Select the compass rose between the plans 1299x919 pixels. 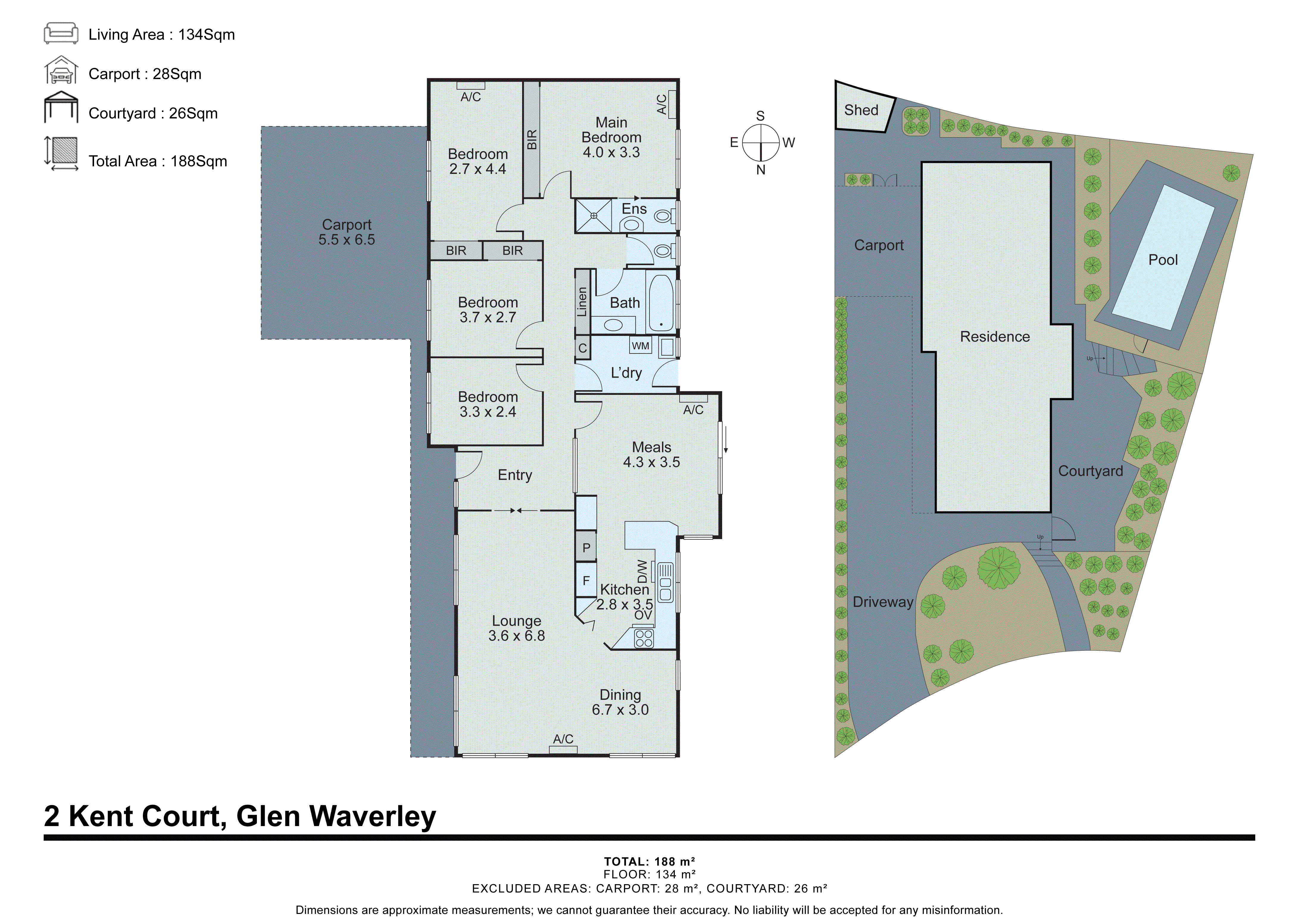(761, 143)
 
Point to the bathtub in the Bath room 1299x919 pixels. (661, 303)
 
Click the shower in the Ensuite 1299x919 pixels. (594, 216)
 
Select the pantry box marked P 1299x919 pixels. (586, 547)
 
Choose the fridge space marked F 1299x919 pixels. (586, 580)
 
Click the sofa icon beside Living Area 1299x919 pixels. (61, 33)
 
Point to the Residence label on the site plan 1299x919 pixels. (994, 337)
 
